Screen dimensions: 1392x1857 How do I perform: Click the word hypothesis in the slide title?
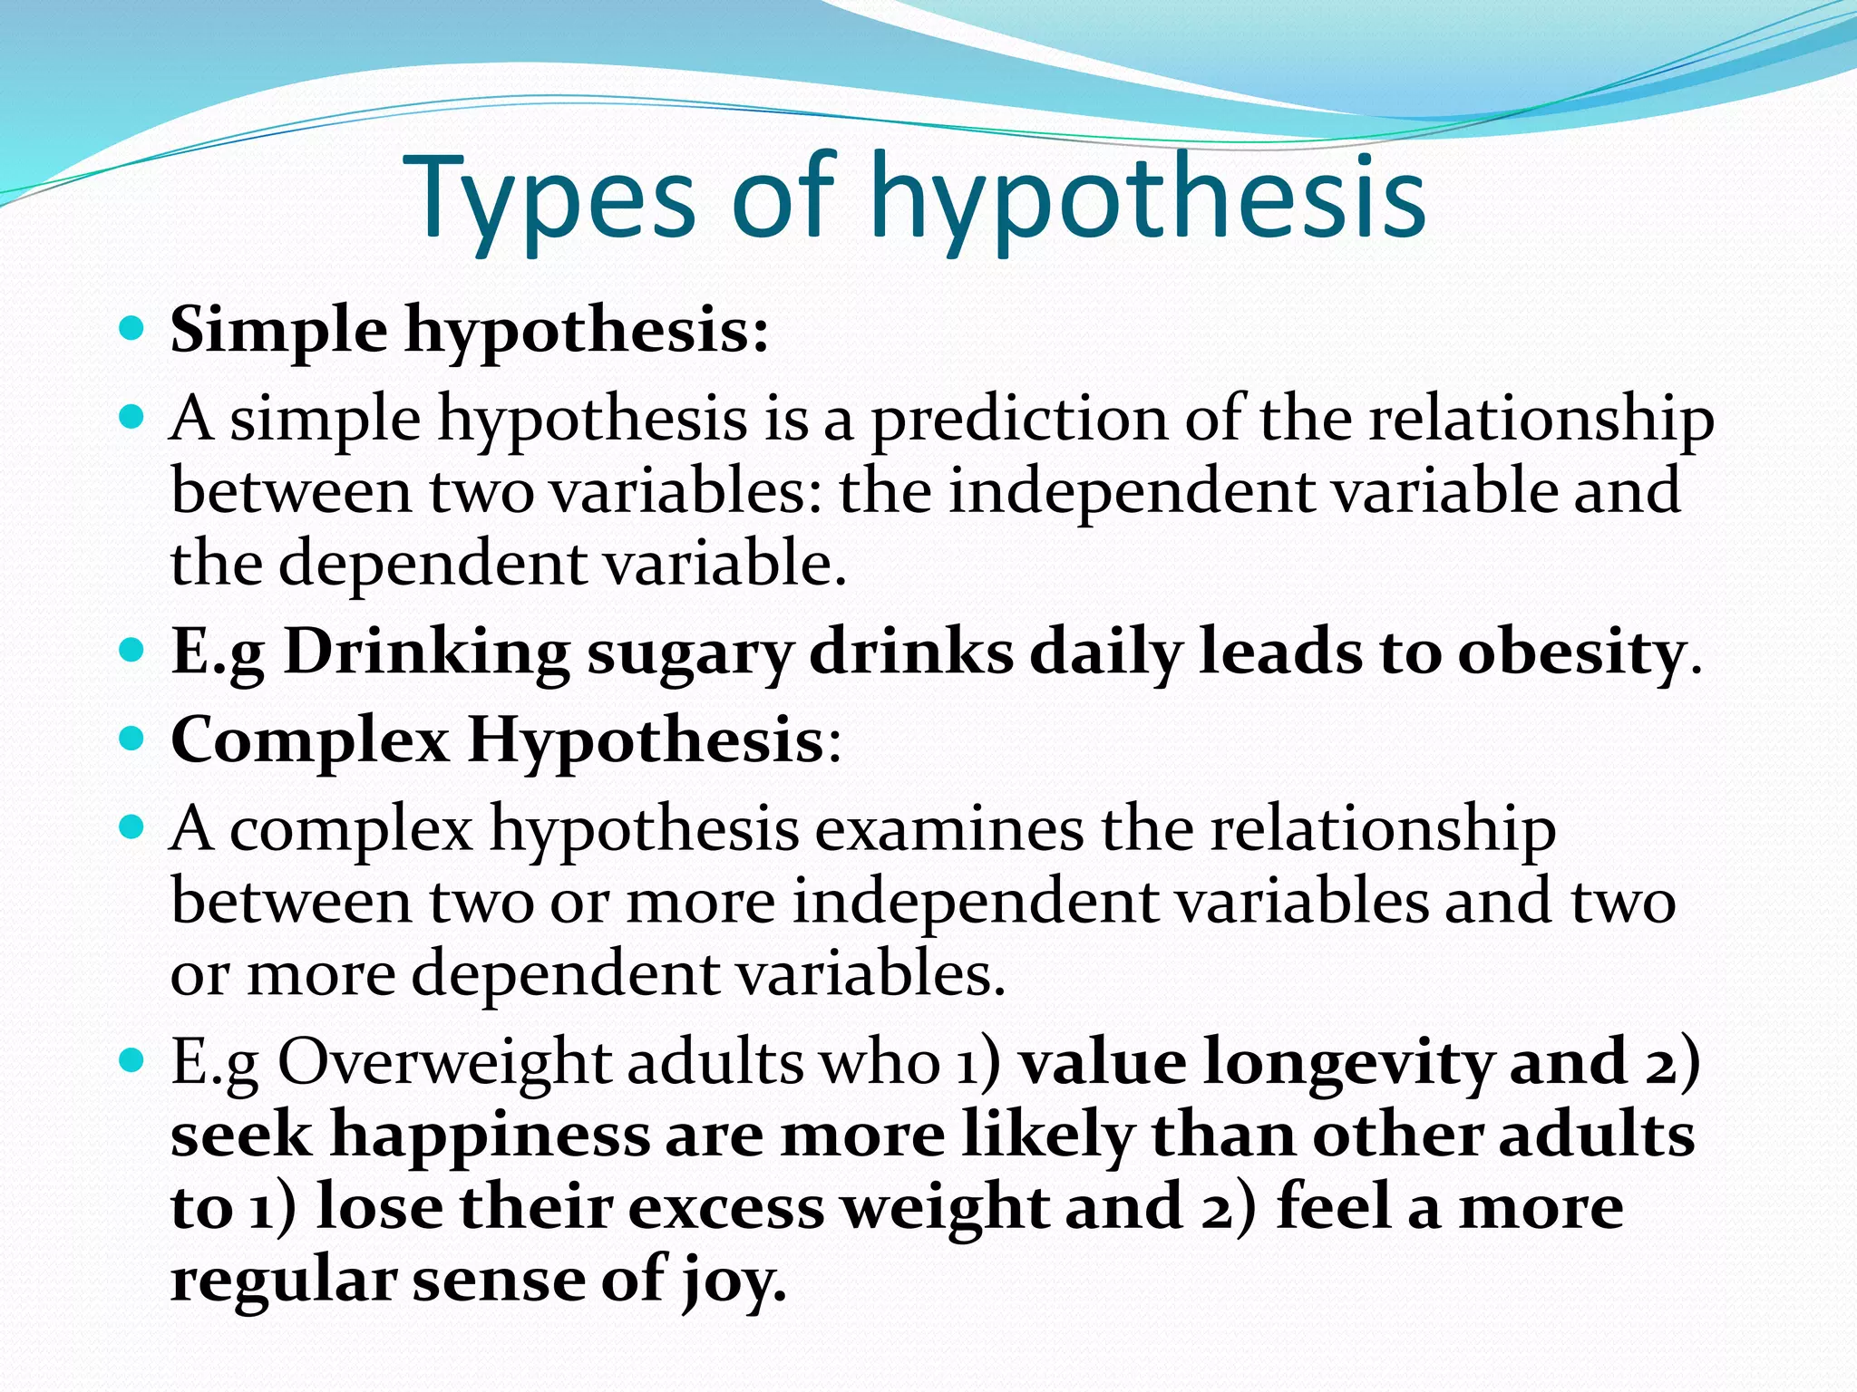pyautogui.click(x=1148, y=201)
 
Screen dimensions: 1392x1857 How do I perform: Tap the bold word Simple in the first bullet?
pyautogui.click(x=279, y=332)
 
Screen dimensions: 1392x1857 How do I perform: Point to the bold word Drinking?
pyautogui.click(x=427, y=653)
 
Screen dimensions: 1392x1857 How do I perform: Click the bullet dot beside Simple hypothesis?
pyautogui.click(x=132, y=328)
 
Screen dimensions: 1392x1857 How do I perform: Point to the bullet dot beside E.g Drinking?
pyautogui.click(x=132, y=650)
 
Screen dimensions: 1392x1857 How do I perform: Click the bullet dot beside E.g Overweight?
pyautogui.click(x=132, y=1058)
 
